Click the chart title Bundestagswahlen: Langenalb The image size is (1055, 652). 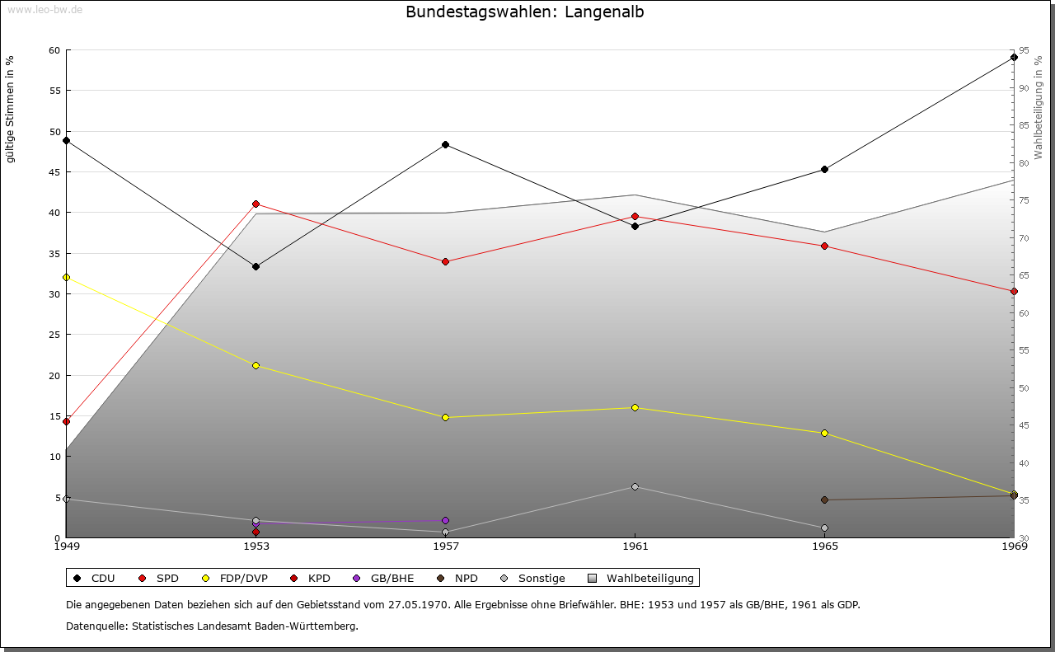click(x=524, y=12)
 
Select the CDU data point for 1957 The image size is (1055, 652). click(x=445, y=145)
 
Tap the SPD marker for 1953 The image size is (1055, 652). click(x=256, y=204)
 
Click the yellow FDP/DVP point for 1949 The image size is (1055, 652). click(x=66, y=278)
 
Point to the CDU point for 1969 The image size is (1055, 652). click(x=1014, y=58)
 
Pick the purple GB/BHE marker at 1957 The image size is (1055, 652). click(x=445, y=521)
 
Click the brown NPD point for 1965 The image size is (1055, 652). click(x=824, y=500)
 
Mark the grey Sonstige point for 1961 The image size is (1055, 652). click(x=635, y=487)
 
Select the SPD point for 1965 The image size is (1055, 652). click(x=824, y=246)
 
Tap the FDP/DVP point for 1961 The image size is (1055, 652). click(x=635, y=408)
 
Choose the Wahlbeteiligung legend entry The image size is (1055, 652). click(x=642, y=579)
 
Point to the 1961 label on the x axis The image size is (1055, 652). click(x=635, y=546)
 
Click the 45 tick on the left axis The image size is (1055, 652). click(x=54, y=172)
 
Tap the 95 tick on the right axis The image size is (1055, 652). click(x=1024, y=50)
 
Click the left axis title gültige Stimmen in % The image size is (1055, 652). click(x=10, y=109)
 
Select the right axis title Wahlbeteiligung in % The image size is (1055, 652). click(x=1038, y=108)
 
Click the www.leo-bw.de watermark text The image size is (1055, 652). click(x=44, y=9)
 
